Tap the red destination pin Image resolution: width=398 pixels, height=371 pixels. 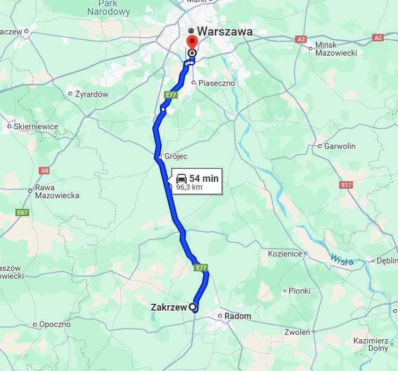192,43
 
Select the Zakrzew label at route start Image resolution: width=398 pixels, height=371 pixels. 169,307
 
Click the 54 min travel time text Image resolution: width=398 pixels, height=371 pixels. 204,179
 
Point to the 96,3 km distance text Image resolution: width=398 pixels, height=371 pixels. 189,187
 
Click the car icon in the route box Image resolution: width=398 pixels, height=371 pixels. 181,179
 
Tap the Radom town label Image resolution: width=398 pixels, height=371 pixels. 238,316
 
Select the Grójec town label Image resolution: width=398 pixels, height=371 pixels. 176,157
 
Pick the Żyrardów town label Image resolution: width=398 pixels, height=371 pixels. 92,94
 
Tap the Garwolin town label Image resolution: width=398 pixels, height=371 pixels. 340,146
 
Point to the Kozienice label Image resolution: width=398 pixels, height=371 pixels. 285,254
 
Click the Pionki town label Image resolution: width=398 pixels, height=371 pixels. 299,291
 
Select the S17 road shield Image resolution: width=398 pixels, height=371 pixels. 346,185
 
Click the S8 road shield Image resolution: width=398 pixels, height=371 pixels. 45,171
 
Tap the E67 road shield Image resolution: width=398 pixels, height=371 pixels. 22,213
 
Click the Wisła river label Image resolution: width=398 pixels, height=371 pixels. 341,259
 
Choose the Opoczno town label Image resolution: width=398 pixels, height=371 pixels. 55,324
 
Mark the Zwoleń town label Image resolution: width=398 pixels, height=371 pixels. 297,332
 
